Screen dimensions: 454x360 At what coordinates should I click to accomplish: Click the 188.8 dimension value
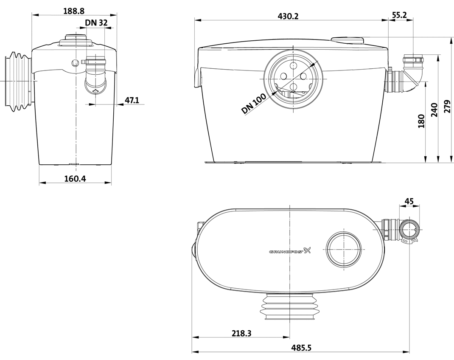click(x=74, y=11)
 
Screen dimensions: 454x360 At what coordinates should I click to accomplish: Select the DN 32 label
click(x=96, y=23)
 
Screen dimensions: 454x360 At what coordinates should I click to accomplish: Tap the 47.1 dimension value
click(x=132, y=100)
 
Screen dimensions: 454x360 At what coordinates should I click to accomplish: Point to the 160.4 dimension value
click(x=75, y=178)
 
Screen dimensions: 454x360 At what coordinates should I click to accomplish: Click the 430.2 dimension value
click(x=288, y=16)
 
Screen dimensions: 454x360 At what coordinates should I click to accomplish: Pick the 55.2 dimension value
click(x=399, y=15)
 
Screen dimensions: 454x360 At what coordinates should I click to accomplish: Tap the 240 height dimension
click(x=434, y=110)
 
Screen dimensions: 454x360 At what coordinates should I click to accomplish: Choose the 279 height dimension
click(x=447, y=107)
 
